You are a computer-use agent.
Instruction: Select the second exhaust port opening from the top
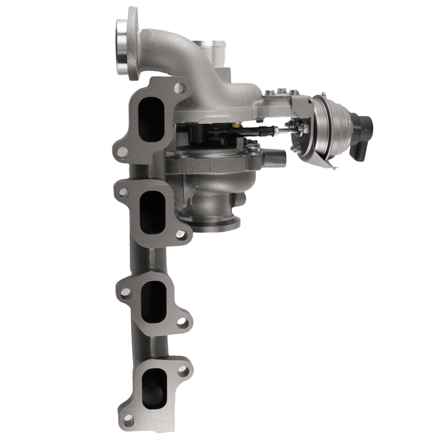coord(153,212)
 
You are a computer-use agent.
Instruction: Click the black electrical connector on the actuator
coord(362,135)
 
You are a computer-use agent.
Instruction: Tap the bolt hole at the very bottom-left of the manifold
coord(128,418)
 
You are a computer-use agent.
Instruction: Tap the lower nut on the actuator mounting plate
coord(295,149)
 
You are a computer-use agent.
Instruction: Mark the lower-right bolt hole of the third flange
coord(182,322)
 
